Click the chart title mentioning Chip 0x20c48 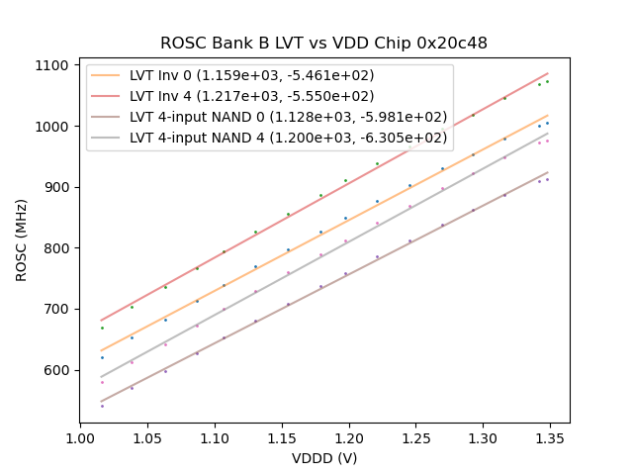[x=323, y=44]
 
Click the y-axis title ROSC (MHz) [x=22, y=238]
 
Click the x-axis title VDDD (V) [x=324, y=458]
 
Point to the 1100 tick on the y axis [x=54, y=65]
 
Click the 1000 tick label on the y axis [x=54, y=127]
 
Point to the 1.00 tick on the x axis [x=80, y=436]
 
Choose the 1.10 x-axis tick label [x=215, y=436]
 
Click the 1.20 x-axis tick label [x=348, y=436]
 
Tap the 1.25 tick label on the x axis [x=415, y=436]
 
